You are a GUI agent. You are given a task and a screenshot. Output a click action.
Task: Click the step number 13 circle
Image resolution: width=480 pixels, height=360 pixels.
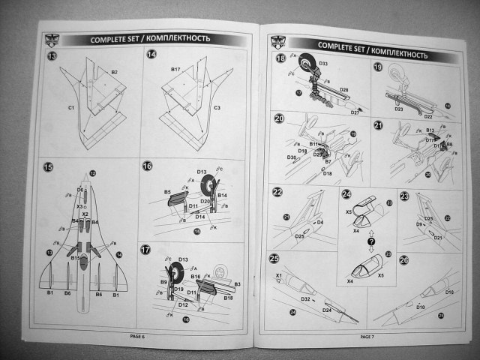[x=52, y=57]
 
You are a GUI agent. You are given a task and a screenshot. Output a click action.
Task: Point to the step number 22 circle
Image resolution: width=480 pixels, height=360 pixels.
[x=277, y=192]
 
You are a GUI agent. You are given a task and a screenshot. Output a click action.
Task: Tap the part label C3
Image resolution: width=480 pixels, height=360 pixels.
[x=217, y=109]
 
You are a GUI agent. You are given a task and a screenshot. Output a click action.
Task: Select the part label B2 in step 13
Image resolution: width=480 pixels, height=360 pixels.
[x=115, y=71]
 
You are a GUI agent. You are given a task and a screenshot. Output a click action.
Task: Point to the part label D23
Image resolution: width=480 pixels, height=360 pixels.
[x=399, y=109]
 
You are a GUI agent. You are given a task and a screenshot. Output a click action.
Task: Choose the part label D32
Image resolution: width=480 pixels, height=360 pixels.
[x=306, y=299]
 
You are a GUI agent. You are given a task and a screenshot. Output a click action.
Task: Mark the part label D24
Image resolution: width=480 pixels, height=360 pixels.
[x=327, y=310]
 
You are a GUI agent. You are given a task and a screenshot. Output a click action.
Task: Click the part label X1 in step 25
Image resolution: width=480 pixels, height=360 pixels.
[x=279, y=275]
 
